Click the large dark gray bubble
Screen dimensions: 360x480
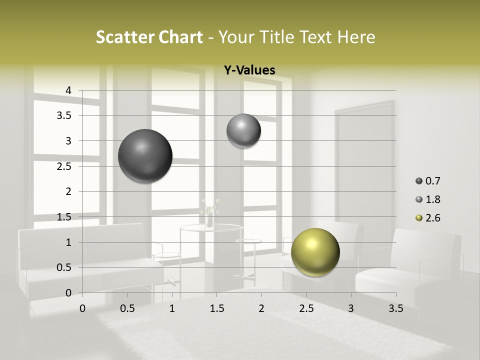click(x=145, y=156)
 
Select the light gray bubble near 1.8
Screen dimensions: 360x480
click(x=243, y=131)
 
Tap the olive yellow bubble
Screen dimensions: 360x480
click(x=315, y=252)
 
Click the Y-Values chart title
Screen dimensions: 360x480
click(x=249, y=70)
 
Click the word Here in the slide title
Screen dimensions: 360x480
click(x=356, y=37)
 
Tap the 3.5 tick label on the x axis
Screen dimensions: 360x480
click(x=395, y=308)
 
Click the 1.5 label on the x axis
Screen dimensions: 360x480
click(x=216, y=308)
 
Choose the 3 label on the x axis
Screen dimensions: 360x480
click(x=351, y=308)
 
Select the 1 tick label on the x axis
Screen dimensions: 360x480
click(x=172, y=308)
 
